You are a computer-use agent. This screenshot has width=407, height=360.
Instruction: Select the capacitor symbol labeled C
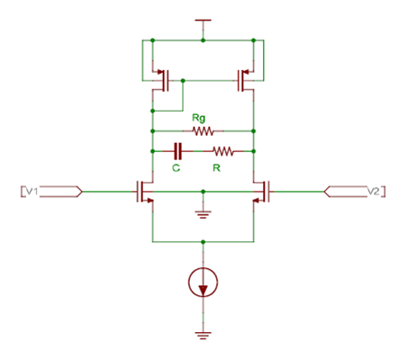[177, 150]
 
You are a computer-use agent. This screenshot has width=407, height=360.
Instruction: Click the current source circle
[204, 283]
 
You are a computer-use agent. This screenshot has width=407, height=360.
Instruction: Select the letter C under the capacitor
[178, 166]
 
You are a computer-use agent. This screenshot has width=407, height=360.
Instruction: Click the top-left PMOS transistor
[163, 80]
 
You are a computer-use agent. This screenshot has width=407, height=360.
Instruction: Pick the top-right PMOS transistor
[245, 80]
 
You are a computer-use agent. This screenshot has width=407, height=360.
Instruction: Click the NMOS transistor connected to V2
[262, 191]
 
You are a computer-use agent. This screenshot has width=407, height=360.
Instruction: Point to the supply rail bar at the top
[204, 19]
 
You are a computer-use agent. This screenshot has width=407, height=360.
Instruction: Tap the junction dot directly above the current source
[204, 241]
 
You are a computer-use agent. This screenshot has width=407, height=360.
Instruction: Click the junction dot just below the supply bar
[204, 40]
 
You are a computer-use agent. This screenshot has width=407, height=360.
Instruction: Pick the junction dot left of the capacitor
[153, 150]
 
